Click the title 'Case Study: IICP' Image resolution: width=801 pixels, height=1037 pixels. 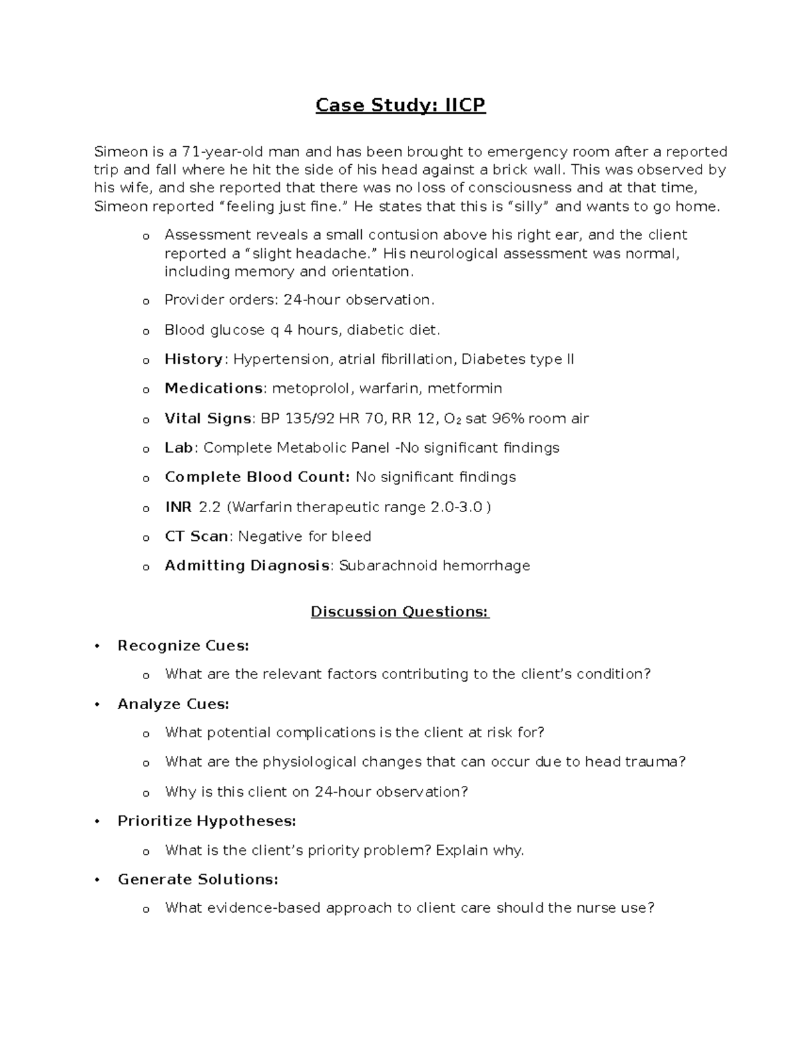[400, 106]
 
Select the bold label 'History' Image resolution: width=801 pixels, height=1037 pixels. [194, 359]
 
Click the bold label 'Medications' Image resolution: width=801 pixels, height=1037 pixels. [214, 389]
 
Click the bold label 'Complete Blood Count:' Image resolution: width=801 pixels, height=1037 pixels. [257, 477]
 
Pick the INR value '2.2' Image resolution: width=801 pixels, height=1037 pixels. [210, 507]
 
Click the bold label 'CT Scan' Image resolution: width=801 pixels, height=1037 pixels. [196, 536]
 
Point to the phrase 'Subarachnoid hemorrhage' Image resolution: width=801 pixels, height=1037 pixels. [435, 566]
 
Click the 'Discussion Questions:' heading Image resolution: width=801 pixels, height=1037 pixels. [400, 612]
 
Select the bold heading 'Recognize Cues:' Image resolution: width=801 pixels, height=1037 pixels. [183, 646]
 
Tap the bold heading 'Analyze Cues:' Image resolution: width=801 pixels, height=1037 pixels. [173, 704]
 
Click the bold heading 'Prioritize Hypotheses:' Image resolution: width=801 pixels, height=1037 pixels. [206, 821]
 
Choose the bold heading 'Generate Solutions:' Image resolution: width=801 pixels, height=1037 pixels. [198, 879]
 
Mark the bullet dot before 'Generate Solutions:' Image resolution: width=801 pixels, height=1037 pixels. [97, 879]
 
